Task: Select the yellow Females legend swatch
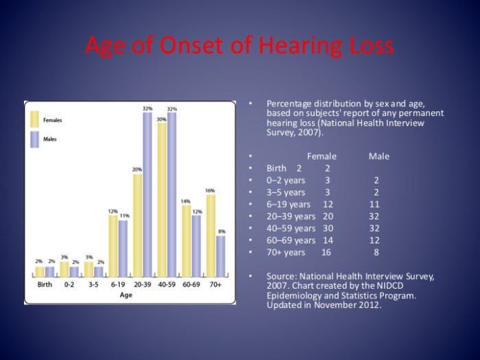tap(34, 119)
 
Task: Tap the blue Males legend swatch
tap(34, 139)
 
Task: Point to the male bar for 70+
tap(221, 256)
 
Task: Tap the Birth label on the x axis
tap(45, 284)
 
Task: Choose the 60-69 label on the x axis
tap(191, 284)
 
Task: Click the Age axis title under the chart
tap(126, 296)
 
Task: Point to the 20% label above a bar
tap(137, 169)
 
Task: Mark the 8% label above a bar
tap(221, 232)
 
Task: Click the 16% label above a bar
tap(210, 191)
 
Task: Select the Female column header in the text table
tap(322, 156)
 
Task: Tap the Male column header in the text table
tap(379, 156)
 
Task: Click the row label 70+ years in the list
tap(285, 252)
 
